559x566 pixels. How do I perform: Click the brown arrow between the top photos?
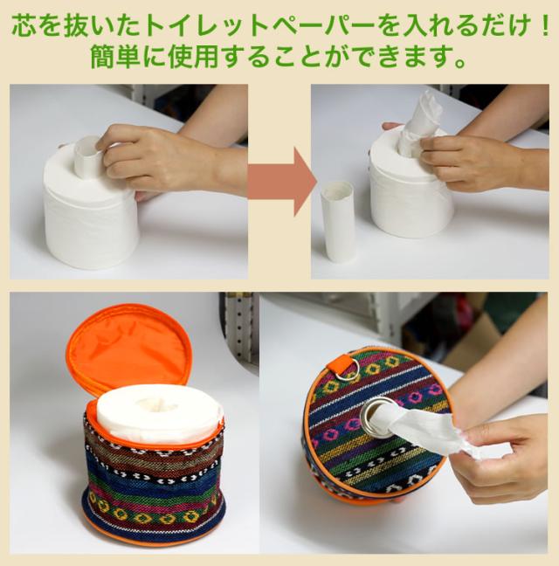coord(281,181)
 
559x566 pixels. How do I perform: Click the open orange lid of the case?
coord(129,346)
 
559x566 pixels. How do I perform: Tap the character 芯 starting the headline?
coord(24,25)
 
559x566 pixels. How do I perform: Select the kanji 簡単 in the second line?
coord(114,57)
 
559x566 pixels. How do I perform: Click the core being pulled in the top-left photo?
coord(87,155)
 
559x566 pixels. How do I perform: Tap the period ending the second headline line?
coord(459,63)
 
